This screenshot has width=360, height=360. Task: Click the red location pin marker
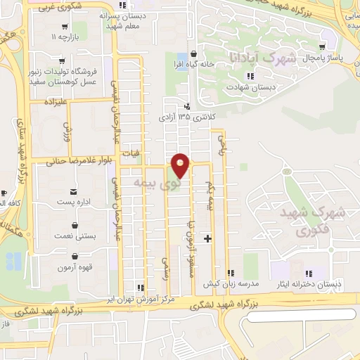181,166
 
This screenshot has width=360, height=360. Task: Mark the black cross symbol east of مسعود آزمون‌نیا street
206,237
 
